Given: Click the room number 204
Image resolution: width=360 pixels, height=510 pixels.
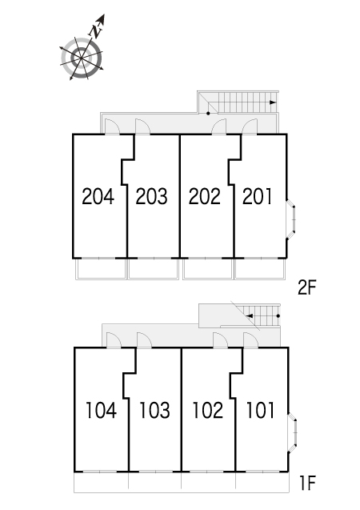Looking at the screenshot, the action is click(98, 196).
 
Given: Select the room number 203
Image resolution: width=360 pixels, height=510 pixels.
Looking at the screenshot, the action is click(151, 196).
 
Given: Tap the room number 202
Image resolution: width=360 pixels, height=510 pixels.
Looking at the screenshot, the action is click(205, 196).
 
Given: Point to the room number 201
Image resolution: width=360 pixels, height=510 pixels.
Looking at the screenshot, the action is click(257, 196).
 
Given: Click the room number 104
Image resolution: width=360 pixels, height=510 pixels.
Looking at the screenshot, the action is click(101, 410).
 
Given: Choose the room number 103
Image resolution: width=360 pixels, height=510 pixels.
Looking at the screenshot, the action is click(154, 410).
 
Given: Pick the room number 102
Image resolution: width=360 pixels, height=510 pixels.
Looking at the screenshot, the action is click(208, 410).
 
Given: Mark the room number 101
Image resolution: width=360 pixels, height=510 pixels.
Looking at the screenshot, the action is click(261, 410).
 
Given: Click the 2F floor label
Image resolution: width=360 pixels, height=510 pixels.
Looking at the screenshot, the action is click(306, 287).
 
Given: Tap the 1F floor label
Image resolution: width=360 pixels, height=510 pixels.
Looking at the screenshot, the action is click(307, 483).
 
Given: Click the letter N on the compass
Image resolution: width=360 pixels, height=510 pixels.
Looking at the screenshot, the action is click(95, 31).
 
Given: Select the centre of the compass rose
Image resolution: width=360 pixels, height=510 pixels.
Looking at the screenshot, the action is click(81, 58).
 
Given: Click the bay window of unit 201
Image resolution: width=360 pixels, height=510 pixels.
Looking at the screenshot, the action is click(292, 219).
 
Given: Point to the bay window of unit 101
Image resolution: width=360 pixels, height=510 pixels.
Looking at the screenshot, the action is click(294, 432).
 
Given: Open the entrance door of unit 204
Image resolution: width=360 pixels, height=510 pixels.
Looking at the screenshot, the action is click(112, 126).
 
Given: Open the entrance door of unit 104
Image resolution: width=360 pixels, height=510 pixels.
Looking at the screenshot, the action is click(114, 340).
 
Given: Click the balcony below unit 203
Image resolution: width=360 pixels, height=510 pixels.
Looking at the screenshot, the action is click(154, 269).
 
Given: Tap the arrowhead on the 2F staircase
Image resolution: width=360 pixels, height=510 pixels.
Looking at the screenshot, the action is click(273, 102).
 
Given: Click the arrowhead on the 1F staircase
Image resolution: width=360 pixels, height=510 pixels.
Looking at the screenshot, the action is click(250, 315).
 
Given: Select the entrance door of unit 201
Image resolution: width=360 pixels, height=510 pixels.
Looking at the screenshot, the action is click(250, 126).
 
